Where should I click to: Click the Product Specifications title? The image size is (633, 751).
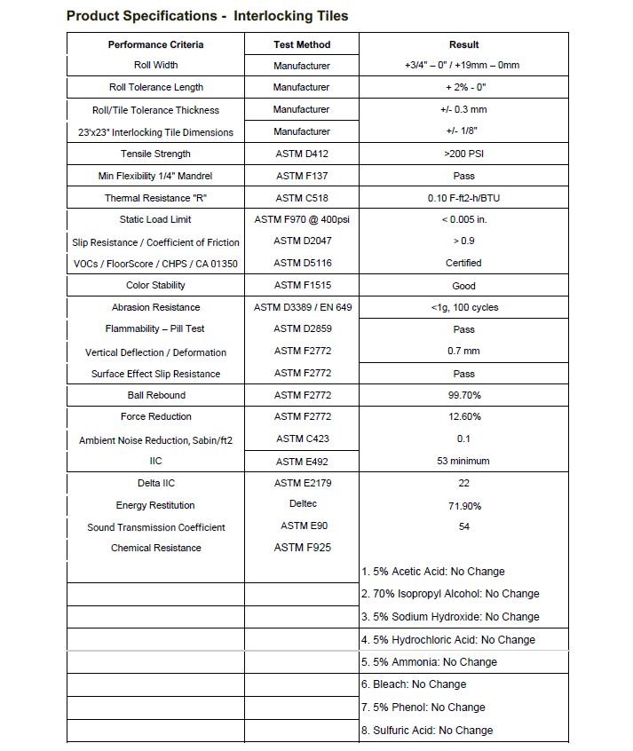tap(207, 16)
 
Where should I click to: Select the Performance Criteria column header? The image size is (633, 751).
tap(155, 44)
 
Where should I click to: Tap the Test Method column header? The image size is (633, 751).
tap(301, 44)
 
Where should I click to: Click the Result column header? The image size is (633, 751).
tap(463, 44)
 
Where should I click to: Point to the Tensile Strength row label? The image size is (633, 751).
tap(155, 154)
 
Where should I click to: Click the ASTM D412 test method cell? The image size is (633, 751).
tap(301, 154)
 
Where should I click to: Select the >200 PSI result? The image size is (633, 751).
tap(463, 154)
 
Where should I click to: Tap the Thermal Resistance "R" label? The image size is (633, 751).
tap(155, 198)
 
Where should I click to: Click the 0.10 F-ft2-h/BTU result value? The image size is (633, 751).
tap(463, 198)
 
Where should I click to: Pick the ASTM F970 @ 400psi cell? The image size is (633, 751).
tap(301, 219)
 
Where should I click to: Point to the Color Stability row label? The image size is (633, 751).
tap(155, 285)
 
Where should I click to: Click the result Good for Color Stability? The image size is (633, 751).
tap(463, 286)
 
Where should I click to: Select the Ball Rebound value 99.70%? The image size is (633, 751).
tap(463, 395)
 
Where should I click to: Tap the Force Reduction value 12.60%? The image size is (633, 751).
tap(463, 416)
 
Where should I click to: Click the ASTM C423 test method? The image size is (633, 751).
tap(302, 439)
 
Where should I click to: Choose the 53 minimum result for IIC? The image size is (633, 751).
tap(463, 461)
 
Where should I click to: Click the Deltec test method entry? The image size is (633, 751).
tap(302, 504)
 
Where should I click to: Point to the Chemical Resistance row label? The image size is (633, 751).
tap(155, 548)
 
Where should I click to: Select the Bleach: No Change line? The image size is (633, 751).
tap(413, 684)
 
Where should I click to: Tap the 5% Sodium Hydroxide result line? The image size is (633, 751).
tap(450, 616)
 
